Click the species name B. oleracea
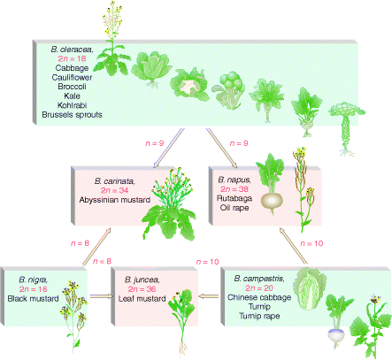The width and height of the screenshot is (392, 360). (72, 50)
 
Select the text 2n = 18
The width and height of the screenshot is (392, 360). (72, 58)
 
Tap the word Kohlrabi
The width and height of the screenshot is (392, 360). (72, 105)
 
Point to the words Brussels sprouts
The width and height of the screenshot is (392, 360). (72, 115)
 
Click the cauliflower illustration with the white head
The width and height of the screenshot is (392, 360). (189, 85)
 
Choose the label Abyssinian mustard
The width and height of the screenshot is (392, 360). (115, 200)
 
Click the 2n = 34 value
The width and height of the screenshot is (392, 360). (115, 190)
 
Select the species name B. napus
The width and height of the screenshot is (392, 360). (234, 180)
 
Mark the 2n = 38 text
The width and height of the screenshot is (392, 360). (234, 189)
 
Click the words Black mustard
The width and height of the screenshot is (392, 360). (33, 299)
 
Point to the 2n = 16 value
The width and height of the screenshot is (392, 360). (33, 289)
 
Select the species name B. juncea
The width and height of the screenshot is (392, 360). (142, 280)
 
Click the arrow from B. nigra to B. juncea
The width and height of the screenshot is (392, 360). (102, 296)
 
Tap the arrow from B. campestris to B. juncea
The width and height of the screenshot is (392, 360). (209, 295)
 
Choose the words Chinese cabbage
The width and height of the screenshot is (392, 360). (259, 297)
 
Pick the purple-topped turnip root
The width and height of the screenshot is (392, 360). (336, 335)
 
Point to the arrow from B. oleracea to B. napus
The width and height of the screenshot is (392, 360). (221, 148)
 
